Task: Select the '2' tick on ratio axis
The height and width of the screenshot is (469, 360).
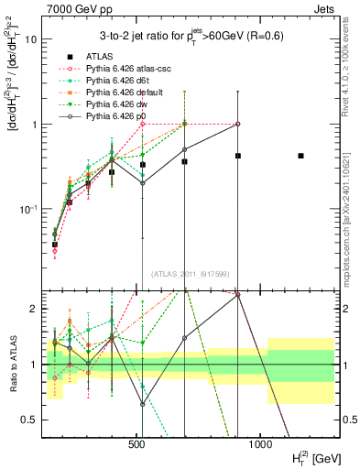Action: pos(33,309)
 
